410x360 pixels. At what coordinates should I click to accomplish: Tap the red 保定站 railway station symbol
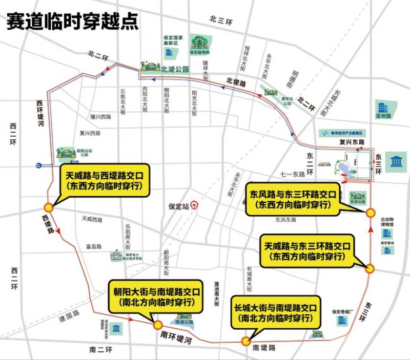click(x=194, y=206)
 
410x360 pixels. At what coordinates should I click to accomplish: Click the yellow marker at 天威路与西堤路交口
click(x=48, y=207)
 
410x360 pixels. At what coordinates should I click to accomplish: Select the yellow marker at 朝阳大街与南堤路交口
click(x=157, y=325)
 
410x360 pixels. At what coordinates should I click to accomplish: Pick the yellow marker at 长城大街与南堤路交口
click(x=246, y=342)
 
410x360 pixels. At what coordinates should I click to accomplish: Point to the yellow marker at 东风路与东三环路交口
click(x=370, y=213)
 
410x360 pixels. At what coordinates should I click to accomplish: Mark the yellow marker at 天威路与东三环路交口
click(x=370, y=268)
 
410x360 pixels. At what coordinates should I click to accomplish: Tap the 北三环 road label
click(x=221, y=20)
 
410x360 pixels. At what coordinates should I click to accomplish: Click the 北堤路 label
click(x=236, y=81)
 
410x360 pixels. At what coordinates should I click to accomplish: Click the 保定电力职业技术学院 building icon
click(x=116, y=255)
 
